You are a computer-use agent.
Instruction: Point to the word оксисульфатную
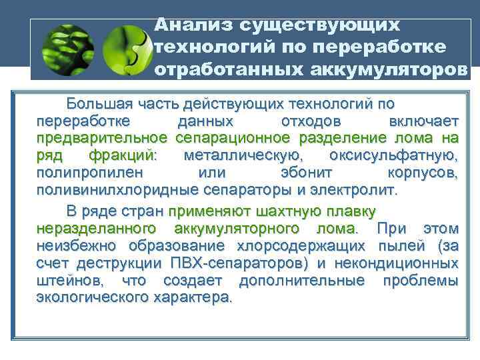[393, 156]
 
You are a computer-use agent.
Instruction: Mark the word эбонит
[297, 173]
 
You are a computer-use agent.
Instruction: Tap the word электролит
[355, 190]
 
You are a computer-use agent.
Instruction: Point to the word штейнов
[63, 281]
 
